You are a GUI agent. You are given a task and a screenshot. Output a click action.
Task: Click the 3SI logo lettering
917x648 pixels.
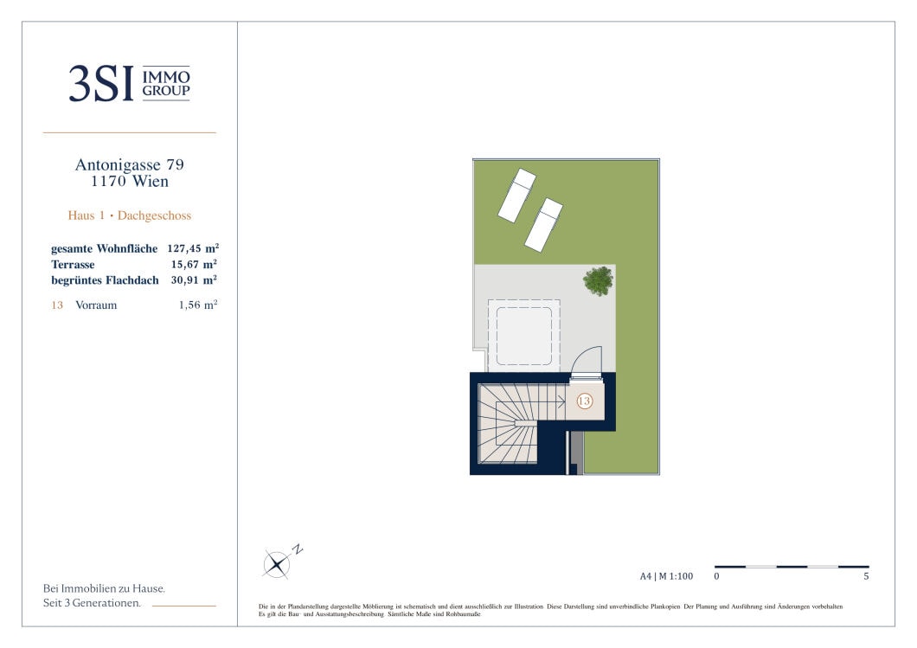(100, 84)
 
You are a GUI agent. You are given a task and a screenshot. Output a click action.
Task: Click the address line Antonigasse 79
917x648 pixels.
(129, 165)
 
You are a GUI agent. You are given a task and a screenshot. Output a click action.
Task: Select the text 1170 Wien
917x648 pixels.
(129, 182)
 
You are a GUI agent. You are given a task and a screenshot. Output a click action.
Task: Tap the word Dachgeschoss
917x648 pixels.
(154, 215)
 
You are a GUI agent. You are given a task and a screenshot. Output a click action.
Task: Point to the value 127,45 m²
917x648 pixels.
(193, 248)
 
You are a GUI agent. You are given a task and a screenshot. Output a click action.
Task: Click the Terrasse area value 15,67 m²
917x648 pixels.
(194, 265)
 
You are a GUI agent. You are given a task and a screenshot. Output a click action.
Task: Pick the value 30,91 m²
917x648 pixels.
(194, 280)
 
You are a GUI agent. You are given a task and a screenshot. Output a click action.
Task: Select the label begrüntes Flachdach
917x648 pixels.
(105, 280)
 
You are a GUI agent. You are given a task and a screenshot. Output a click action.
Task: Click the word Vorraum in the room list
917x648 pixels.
(96, 305)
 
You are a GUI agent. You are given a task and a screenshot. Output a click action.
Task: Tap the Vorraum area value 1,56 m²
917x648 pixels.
(198, 305)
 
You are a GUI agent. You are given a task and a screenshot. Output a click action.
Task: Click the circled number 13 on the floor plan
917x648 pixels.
(584, 401)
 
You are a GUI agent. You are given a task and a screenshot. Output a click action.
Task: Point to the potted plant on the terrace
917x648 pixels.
(599, 280)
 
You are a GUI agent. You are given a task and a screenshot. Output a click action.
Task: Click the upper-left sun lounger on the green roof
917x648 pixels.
(517, 196)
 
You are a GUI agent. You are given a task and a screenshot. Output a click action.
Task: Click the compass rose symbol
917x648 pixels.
(276, 565)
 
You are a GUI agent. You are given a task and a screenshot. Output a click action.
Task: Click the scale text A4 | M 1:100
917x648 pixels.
(666, 576)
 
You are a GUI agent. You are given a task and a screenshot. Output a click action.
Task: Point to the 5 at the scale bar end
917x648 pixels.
(866, 576)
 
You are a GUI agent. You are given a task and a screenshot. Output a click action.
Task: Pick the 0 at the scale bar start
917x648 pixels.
(716, 576)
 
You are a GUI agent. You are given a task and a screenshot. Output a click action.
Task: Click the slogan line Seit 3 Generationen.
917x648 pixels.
(92, 603)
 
